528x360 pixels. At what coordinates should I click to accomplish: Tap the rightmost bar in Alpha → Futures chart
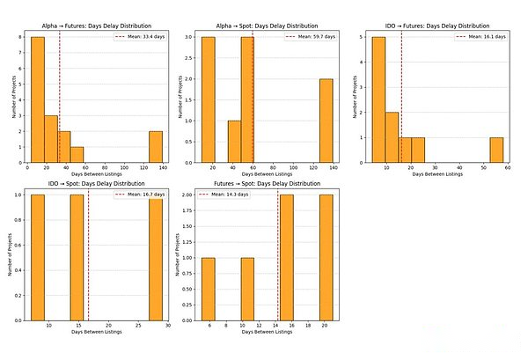155,147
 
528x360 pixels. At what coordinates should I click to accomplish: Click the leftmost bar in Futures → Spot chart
209,290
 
